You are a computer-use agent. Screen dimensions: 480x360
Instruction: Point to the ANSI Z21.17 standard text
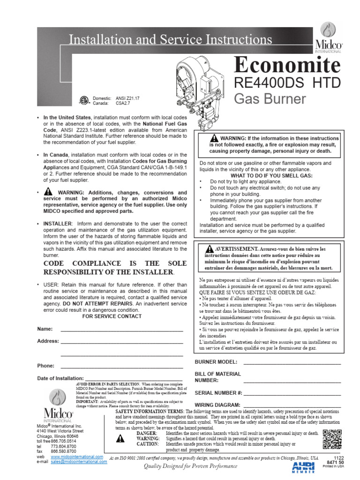click(x=131, y=98)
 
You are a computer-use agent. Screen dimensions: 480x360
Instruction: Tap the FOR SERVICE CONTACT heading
click(x=112, y=316)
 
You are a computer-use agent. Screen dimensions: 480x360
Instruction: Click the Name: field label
click(x=45, y=329)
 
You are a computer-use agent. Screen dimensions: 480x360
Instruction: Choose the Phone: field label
click(x=46, y=365)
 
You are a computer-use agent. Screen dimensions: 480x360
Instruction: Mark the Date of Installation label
click(x=60, y=378)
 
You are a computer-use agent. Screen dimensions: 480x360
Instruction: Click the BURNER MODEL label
click(x=216, y=362)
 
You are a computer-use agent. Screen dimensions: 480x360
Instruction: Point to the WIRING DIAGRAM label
click(x=218, y=404)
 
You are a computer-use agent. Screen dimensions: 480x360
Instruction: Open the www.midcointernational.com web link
click(x=76, y=456)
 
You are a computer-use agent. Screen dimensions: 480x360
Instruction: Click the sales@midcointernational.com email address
click(x=79, y=461)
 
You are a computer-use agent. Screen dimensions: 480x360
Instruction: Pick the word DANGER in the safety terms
click(x=146, y=434)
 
